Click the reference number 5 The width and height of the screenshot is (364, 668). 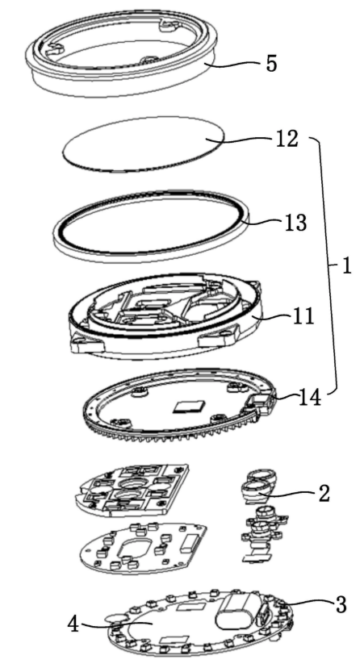pos(271,64)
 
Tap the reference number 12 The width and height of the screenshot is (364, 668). pos(286,139)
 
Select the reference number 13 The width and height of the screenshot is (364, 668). pos(295,223)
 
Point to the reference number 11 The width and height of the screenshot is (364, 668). pos(302,316)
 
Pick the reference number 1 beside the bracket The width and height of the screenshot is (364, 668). pos(346,266)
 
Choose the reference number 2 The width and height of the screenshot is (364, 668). pos(324,493)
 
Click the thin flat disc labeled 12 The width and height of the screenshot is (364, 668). pos(144,144)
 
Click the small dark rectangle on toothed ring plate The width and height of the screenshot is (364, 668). pos(188,406)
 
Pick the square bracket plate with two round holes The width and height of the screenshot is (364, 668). pos(134,489)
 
